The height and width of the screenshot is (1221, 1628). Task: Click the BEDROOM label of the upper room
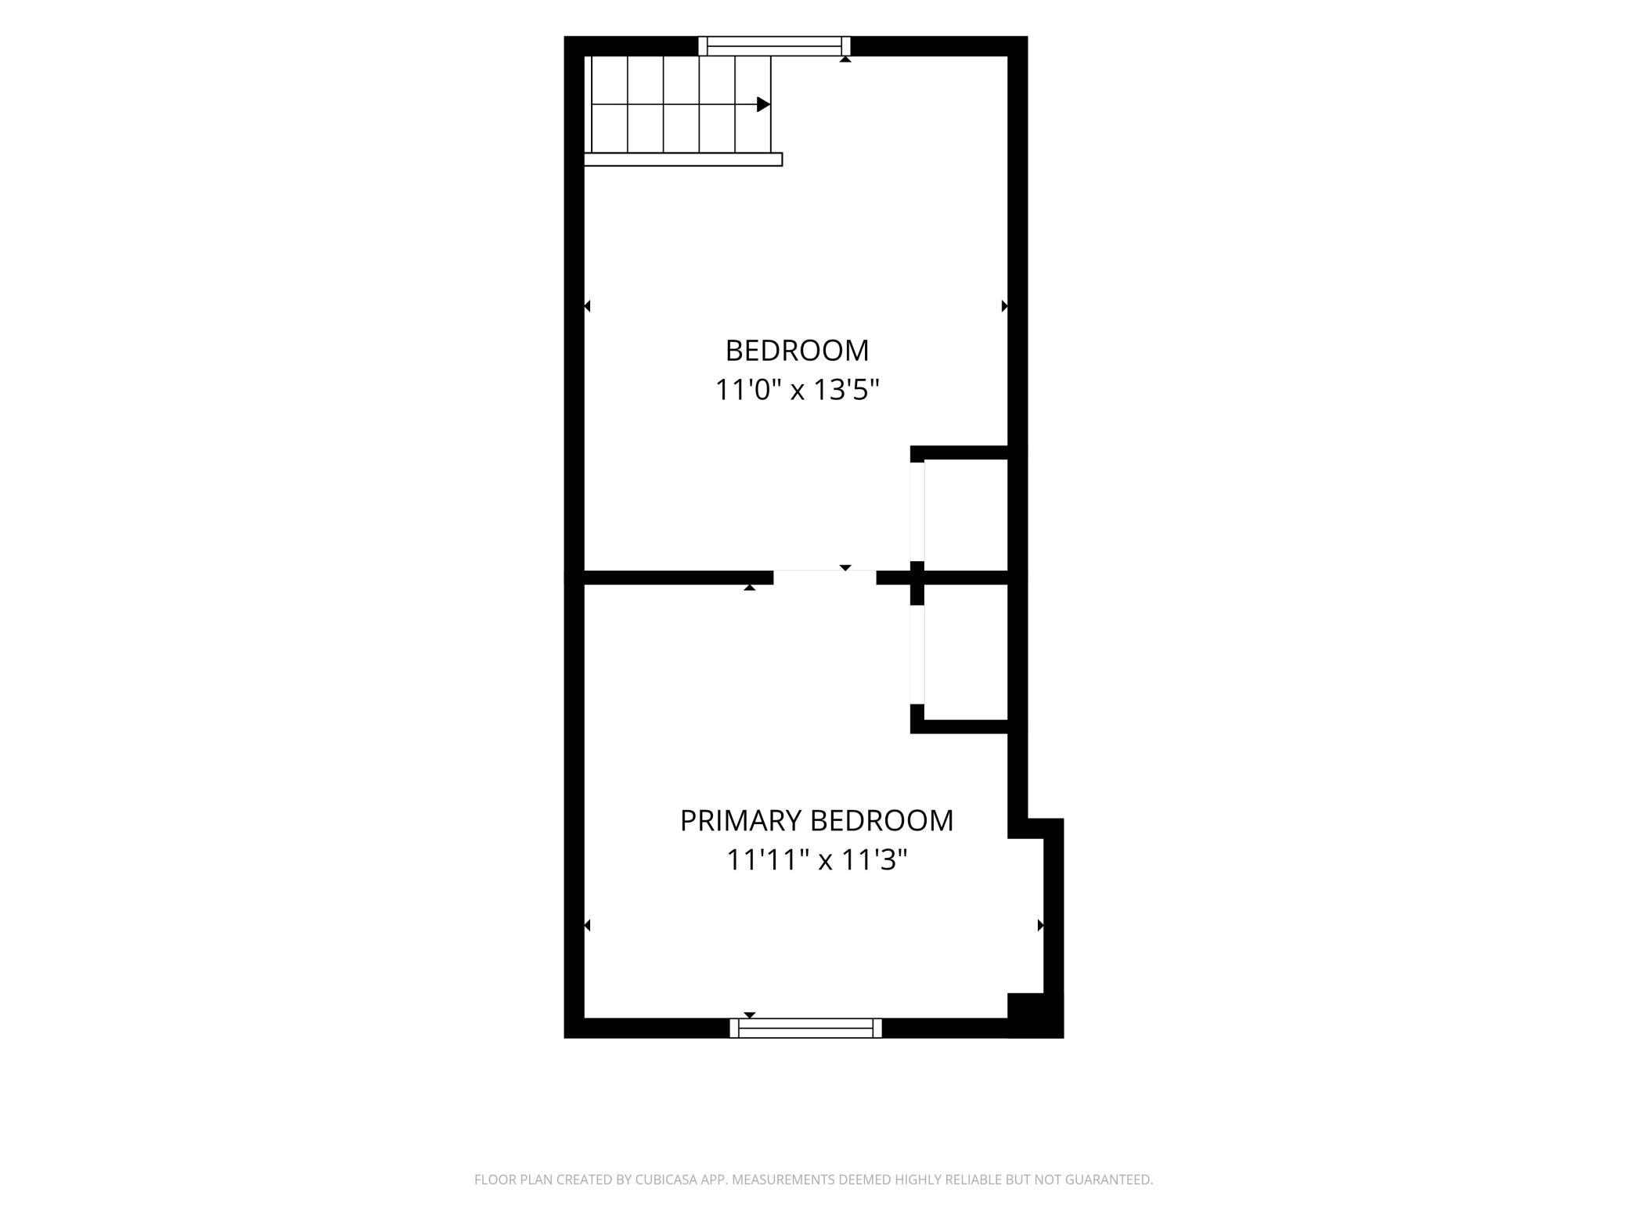pyautogui.click(x=797, y=351)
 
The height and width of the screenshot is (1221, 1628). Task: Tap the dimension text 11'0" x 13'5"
pyautogui.click(x=798, y=390)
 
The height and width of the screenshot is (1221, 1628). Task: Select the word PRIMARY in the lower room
pyautogui.click(x=741, y=821)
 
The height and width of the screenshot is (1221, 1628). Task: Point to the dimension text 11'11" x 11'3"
pyautogui.click(x=816, y=860)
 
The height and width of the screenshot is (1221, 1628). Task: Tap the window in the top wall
pyautogui.click(x=774, y=46)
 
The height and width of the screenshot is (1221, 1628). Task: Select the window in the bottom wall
pyautogui.click(x=805, y=1028)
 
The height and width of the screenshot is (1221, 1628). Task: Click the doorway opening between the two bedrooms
pyautogui.click(x=825, y=578)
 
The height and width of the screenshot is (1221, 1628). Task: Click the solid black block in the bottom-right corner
pyautogui.click(x=1035, y=1015)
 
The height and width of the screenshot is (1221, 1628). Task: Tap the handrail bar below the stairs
pyautogui.click(x=683, y=160)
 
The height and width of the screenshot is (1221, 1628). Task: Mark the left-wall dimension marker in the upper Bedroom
pyautogui.click(x=587, y=306)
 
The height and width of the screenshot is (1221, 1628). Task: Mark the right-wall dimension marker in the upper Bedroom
pyautogui.click(x=1005, y=306)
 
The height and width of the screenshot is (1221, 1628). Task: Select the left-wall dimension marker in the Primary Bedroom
pyautogui.click(x=587, y=926)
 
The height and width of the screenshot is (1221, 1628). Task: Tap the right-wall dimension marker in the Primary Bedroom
pyautogui.click(x=1041, y=926)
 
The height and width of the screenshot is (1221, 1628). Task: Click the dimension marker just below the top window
pyautogui.click(x=845, y=59)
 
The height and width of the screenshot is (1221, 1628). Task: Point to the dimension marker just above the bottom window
pyautogui.click(x=750, y=1015)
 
